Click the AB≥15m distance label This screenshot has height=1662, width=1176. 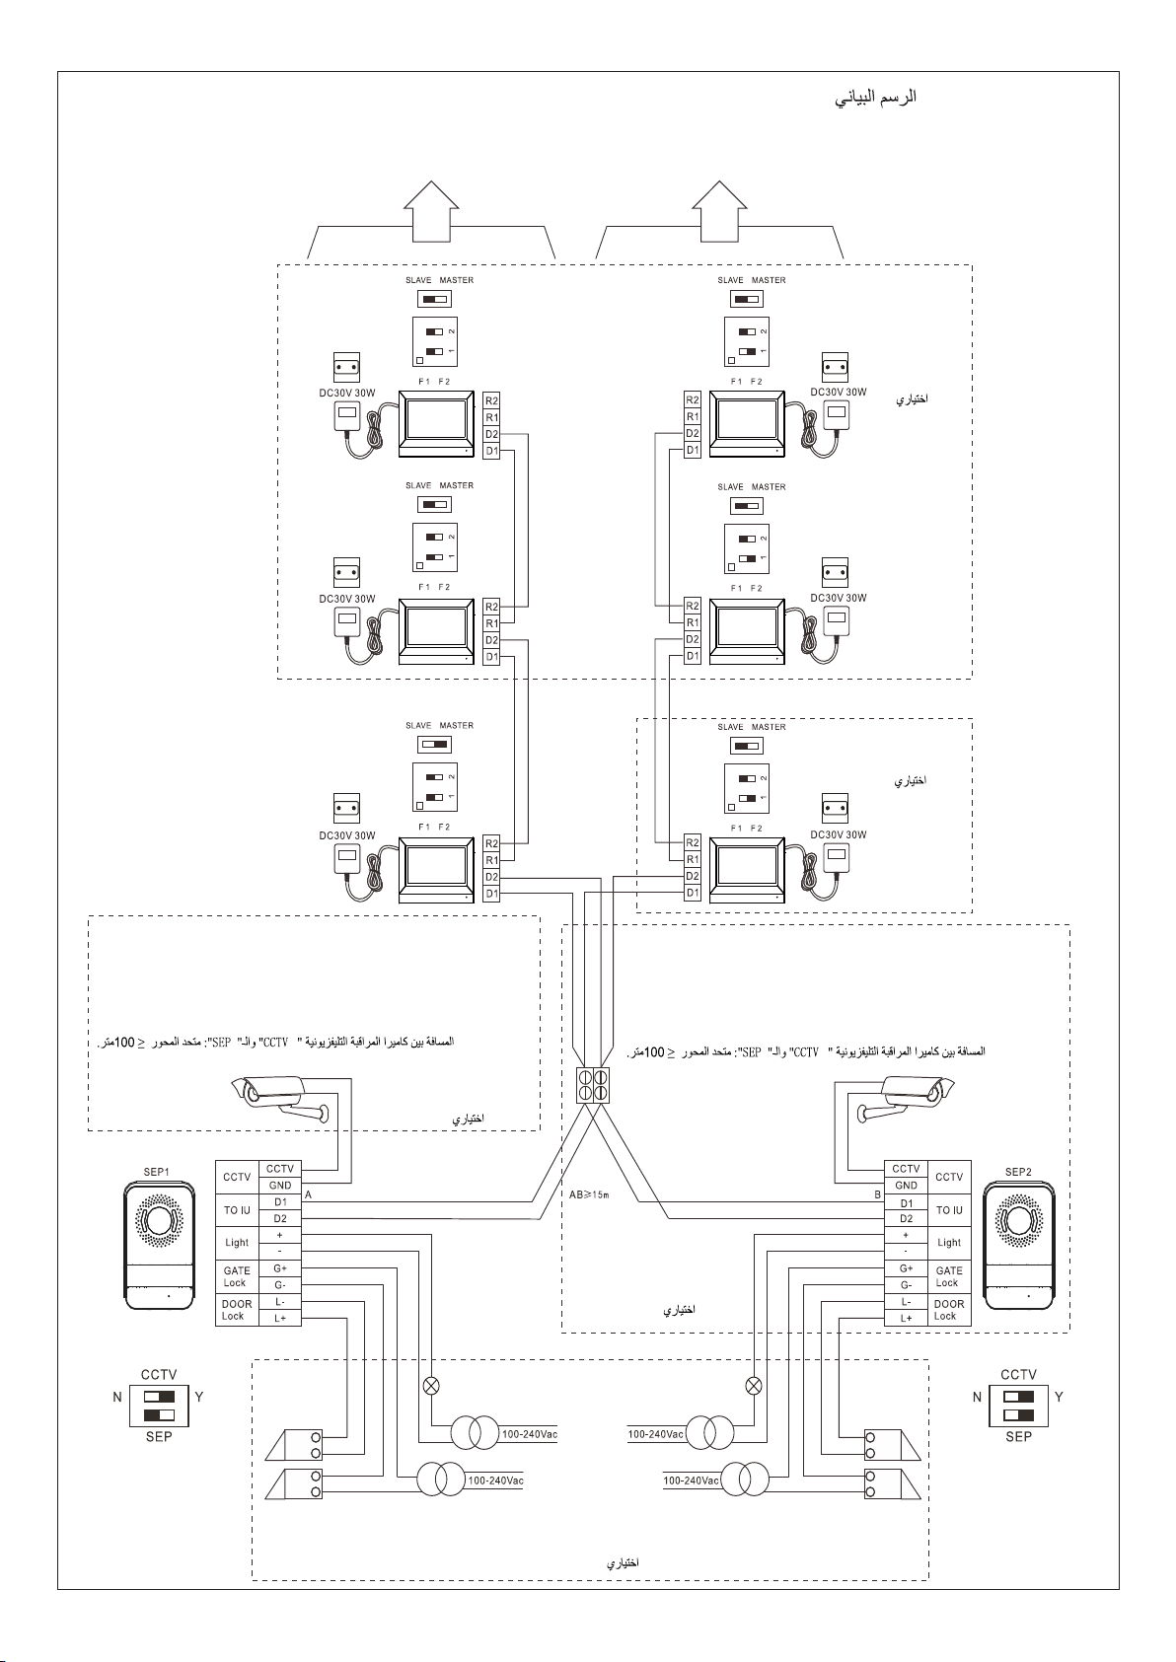click(590, 1194)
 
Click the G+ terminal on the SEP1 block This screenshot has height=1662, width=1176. click(280, 1268)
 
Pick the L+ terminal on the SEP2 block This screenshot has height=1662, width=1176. click(906, 1318)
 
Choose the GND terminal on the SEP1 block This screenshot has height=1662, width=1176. click(280, 1186)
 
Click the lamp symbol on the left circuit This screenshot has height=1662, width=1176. click(431, 1385)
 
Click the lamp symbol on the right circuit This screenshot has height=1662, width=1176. click(754, 1385)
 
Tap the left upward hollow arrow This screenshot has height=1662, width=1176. click(431, 209)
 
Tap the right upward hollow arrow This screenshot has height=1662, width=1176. click(719, 209)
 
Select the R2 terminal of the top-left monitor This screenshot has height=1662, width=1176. click(491, 400)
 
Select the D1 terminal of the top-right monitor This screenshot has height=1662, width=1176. click(693, 451)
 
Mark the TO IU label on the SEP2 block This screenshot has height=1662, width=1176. click(949, 1210)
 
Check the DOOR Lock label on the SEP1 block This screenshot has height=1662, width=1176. click(237, 1310)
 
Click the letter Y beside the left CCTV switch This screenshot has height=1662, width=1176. click(199, 1397)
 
